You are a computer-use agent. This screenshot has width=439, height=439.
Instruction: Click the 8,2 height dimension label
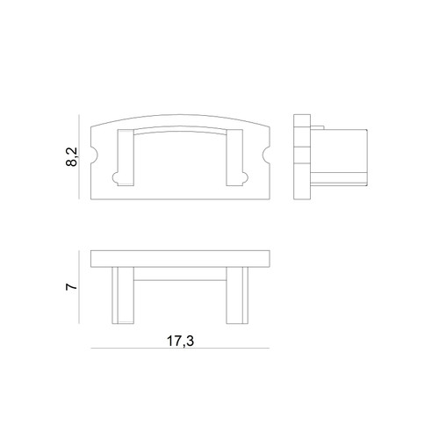(x=72, y=157)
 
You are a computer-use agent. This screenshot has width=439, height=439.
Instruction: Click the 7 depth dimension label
(x=72, y=286)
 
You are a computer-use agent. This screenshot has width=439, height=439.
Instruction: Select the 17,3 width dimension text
(x=180, y=341)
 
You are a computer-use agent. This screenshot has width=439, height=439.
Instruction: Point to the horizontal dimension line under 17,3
(x=180, y=349)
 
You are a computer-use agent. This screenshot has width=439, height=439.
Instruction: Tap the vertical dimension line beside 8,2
(x=79, y=157)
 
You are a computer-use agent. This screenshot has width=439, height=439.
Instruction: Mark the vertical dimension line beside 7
(x=79, y=287)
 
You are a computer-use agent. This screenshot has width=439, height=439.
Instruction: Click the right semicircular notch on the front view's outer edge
(x=266, y=155)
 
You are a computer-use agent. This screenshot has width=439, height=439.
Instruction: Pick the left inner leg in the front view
(x=126, y=157)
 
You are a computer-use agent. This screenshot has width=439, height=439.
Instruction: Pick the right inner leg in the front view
(x=234, y=157)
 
